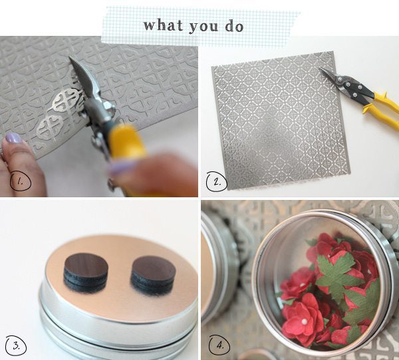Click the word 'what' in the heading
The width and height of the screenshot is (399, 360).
(164, 25)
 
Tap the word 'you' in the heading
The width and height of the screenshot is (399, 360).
(203, 27)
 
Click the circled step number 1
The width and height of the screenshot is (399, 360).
(21, 181)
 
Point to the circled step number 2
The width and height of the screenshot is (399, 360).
(217, 181)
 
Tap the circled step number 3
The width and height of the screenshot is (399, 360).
(16, 346)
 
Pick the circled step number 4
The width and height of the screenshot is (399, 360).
(219, 345)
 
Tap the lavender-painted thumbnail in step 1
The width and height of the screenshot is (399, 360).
(13, 137)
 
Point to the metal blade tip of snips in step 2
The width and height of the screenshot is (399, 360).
(320, 68)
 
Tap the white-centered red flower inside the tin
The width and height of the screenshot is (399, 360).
(302, 318)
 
